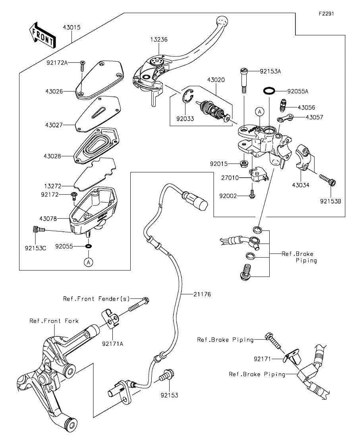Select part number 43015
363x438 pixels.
(x=71, y=28)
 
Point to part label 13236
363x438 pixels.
(x=160, y=40)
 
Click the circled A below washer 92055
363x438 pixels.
(x=88, y=262)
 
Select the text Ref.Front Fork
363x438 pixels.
(x=54, y=320)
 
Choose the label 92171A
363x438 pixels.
(x=112, y=343)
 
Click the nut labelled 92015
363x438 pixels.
(x=244, y=164)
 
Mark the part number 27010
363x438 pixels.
(x=231, y=178)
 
